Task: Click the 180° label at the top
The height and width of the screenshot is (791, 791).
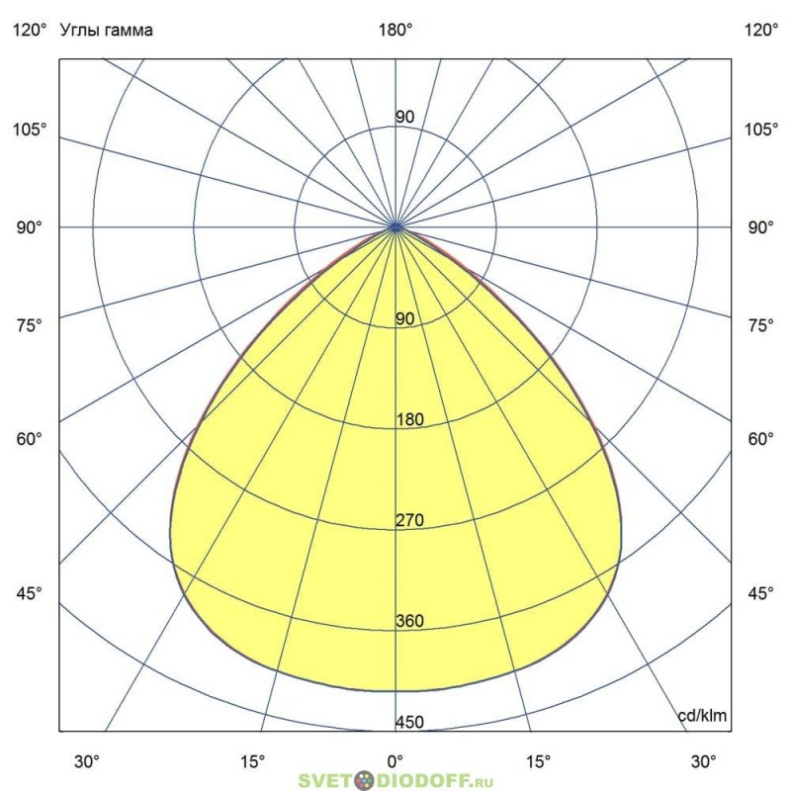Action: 396,31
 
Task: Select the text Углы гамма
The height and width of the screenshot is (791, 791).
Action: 108,31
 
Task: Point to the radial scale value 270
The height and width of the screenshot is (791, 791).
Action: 409,520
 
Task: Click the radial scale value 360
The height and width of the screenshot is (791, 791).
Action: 409,621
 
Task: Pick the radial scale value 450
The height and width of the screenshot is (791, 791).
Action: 409,723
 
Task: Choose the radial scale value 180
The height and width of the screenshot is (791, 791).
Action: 409,420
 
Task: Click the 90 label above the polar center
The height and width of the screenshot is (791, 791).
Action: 405,118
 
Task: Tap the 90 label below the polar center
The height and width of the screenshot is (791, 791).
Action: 405,319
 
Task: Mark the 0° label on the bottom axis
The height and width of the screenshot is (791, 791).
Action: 395,761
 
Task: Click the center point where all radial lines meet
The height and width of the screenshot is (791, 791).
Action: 396,227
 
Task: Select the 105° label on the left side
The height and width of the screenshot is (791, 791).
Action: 28,131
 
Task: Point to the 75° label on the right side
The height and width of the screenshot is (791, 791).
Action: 761,325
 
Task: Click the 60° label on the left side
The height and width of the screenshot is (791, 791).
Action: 28,439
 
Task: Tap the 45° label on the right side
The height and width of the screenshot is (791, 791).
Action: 761,593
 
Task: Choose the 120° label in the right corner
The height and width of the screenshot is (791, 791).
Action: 761,31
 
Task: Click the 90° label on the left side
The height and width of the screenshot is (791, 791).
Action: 28,227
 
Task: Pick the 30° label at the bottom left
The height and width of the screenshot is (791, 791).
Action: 88,761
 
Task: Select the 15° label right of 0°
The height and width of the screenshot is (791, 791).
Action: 539,761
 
